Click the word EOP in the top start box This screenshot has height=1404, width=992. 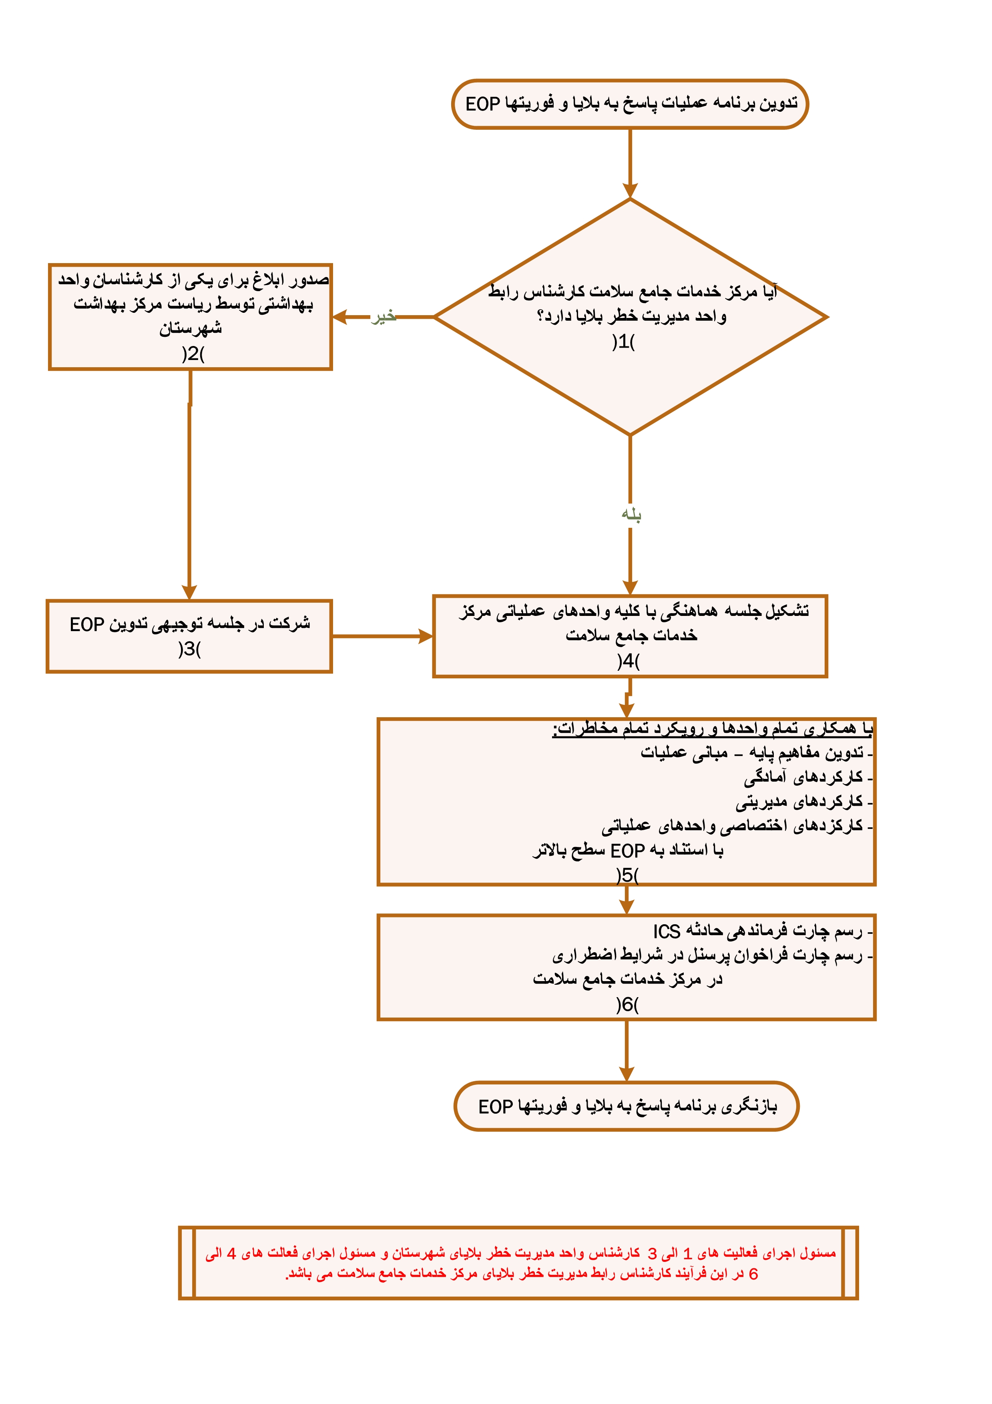483,104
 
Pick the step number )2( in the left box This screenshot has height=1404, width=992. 193,354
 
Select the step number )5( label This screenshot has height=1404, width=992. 627,875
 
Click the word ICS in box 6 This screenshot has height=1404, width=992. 666,931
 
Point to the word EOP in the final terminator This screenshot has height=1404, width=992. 496,1107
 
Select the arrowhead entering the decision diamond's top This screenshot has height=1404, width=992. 630,189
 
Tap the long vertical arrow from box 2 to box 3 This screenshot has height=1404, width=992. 189,489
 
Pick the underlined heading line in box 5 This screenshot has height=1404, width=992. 712,728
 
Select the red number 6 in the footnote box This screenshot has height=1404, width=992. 753,1274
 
